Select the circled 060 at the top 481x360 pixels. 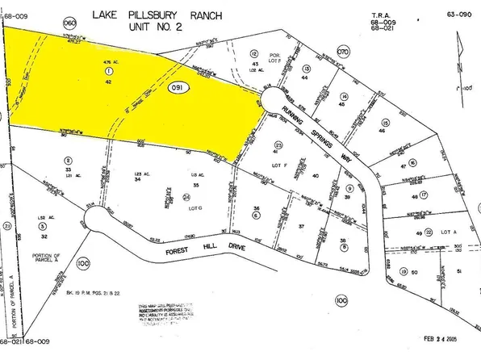pyautogui.click(x=68, y=23)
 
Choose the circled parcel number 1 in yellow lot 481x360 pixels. pyautogui.click(x=107, y=70)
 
